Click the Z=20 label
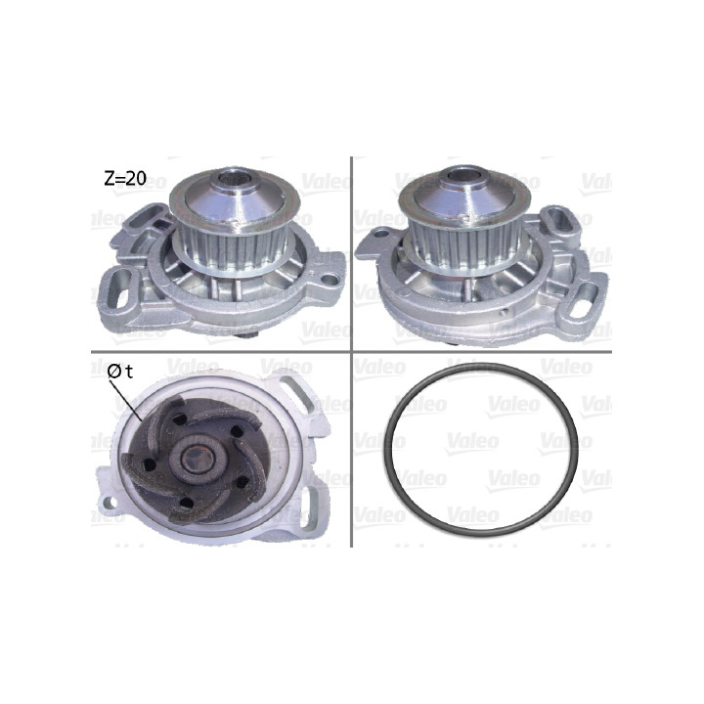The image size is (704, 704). (x=125, y=179)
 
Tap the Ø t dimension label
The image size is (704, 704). (x=120, y=372)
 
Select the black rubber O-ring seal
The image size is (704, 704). (x=481, y=451)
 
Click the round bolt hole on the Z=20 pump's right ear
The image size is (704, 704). (x=330, y=280)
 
